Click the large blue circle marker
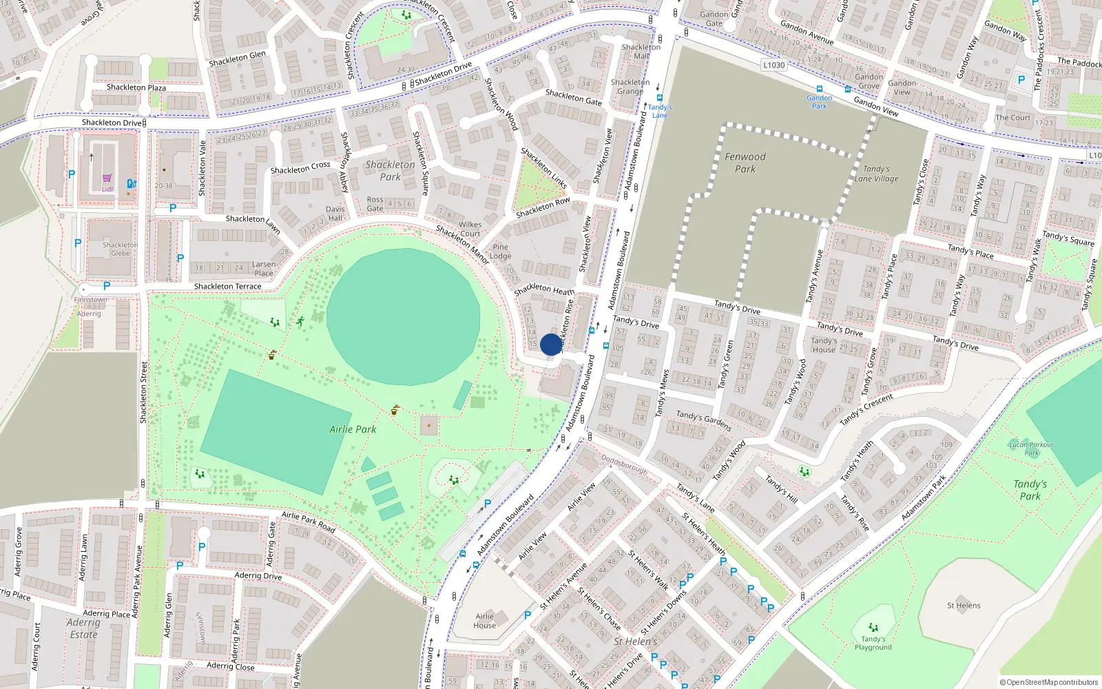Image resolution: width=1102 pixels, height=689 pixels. click(x=551, y=344)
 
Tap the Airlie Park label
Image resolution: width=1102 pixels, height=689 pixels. click(x=353, y=429)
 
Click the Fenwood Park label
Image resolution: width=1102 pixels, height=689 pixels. click(x=745, y=163)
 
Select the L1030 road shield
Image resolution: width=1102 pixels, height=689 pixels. click(x=774, y=65)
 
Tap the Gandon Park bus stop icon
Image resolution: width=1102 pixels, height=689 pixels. click(x=820, y=89)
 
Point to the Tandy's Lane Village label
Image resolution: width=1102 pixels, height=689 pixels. click(x=876, y=174)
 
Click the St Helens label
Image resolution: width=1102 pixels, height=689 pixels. click(x=964, y=606)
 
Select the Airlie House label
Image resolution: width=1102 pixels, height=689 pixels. click(x=484, y=621)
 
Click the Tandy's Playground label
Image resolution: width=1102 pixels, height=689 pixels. click(x=873, y=643)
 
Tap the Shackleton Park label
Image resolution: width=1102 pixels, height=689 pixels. click(x=390, y=170)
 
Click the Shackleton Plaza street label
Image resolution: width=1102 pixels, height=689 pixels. click(x=136, y=88)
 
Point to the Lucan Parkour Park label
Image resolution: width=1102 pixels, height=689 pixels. click(x=1031, y=449)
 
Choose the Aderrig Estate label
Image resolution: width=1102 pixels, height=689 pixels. click(x=83, y=628)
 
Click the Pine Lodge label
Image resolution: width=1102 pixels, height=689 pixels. click(x=501, y=251)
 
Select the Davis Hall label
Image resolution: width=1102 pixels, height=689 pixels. click(x=335, y=214)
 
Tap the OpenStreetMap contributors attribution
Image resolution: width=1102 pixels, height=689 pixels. click(x=1048, y=682)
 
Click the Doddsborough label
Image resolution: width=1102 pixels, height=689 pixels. click(x=624, y=464)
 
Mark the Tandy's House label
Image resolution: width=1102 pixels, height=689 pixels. click(x=824, y=345)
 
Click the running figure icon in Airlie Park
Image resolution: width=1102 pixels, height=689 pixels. click(x=300, y=321)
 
